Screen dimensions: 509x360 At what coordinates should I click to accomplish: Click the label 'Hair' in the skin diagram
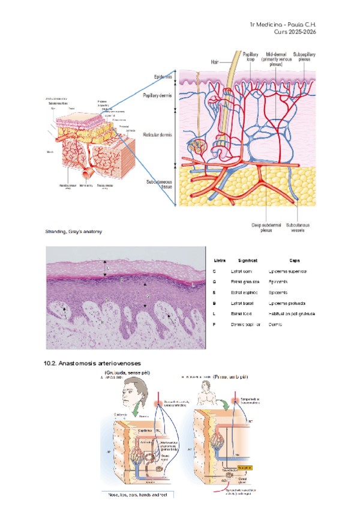216,61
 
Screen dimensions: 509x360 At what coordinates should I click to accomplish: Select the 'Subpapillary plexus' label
306,58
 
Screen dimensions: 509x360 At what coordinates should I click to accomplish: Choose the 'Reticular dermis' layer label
157,135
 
